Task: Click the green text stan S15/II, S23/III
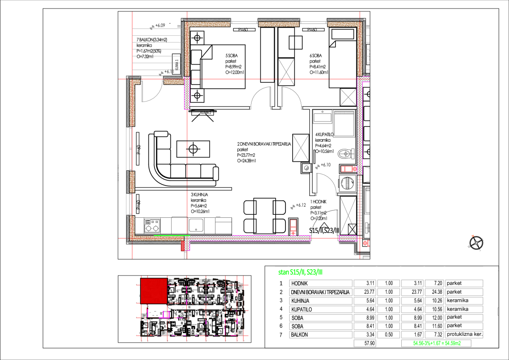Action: point(300,272)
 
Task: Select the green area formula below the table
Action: point(436,343)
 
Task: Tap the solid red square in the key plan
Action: point(154,291)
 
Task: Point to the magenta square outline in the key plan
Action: point(166,315)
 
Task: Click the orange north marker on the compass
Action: point(473,236)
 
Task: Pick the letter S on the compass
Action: point(480,250)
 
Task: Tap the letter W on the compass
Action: point(469,246)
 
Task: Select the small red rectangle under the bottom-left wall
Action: point(183,246)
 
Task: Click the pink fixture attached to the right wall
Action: point(348,169)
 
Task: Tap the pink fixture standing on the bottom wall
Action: point(293,227)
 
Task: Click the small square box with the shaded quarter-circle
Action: point(306,168)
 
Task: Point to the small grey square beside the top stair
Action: point(179,26)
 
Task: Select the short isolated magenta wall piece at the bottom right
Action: point(348,239)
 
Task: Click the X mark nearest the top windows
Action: point(286,72)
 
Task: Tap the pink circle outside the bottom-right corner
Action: point(365,243)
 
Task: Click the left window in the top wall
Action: point(244,23)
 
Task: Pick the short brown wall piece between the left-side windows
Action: point(132,182)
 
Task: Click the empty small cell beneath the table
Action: point(365,343)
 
